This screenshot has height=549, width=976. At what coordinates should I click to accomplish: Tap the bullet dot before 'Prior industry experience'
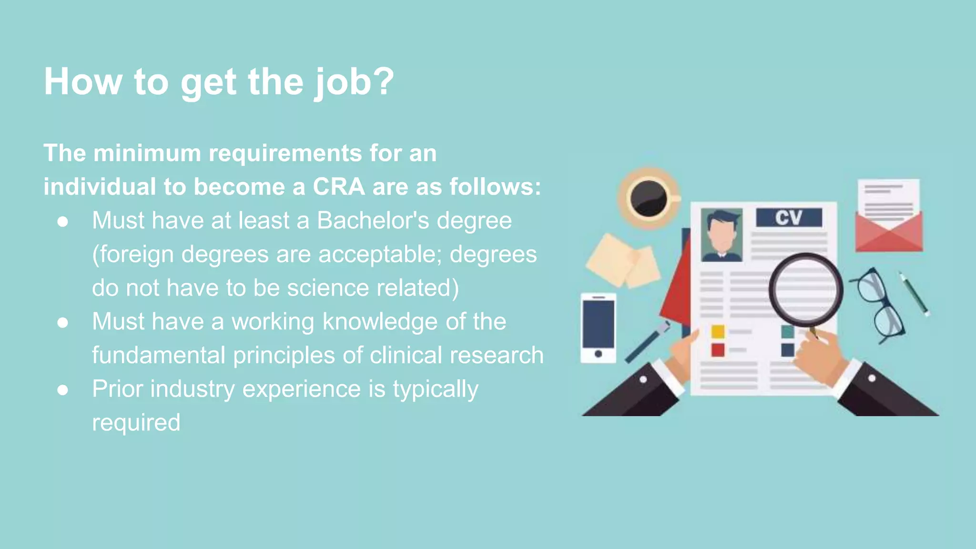[x=62, y=390]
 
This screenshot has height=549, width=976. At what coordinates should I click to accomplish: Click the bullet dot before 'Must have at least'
[x=62, y=222]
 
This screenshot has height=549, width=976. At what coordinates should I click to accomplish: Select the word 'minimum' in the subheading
[x=147, y=153]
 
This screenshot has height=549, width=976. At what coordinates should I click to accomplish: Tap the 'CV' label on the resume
[x=789, y=218]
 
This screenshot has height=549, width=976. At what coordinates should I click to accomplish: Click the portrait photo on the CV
[x=722, y=234]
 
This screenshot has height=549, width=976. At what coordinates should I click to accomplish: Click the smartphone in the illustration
[x=598, y=328]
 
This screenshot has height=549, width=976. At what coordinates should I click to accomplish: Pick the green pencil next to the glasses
[x=914, y=294]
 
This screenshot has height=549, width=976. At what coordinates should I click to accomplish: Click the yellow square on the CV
[x=718, y=331]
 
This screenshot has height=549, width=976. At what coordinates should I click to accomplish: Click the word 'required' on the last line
[x=136, y=423]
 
